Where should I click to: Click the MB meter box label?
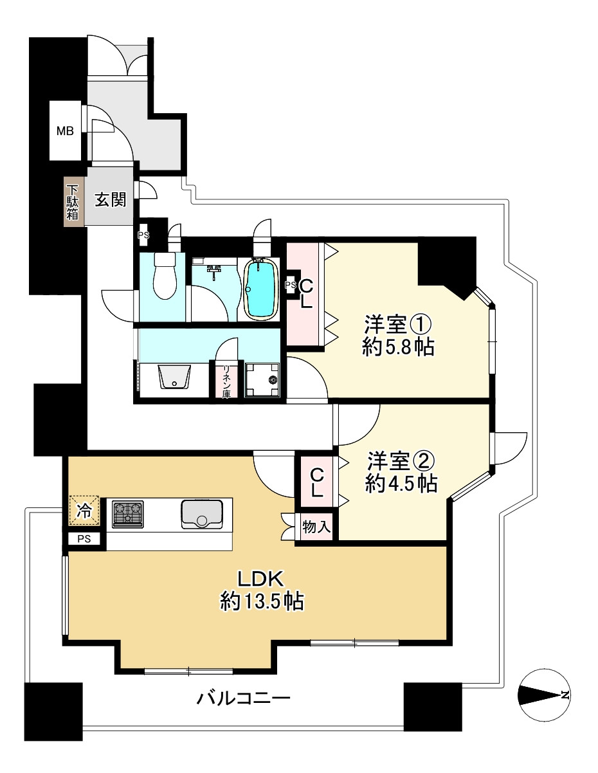tap(65, 132)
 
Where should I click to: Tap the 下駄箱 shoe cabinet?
tap(73, 203)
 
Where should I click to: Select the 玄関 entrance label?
tap(110, 200)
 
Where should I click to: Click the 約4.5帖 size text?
tap(401, 484)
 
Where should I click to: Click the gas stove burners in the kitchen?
tap(128, 514)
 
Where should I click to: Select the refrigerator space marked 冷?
tap(84, 511)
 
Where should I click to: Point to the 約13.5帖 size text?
tap(262, 601)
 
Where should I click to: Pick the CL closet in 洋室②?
tap(316, 482)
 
